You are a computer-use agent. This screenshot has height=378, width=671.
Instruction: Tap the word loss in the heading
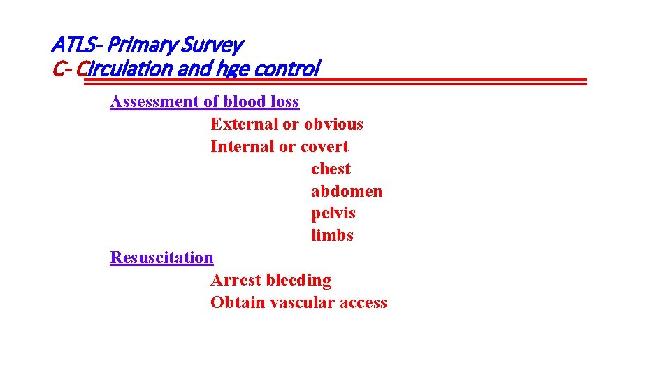click(284, 101)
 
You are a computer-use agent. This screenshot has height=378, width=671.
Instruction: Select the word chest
click(331, 169)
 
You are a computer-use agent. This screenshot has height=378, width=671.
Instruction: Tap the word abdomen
click(347, 191)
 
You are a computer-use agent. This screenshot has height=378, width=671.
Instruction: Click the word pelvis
click(333, 213)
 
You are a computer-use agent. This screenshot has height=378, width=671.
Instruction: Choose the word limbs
click(332, 235)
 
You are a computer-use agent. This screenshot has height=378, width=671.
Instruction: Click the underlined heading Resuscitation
click(161, 258)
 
